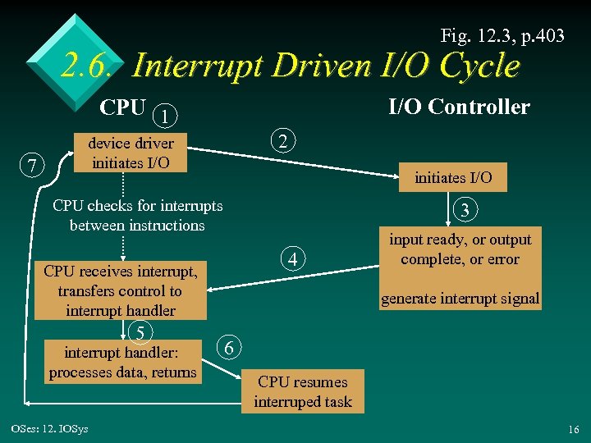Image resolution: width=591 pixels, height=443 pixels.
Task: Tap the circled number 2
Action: (283, 142)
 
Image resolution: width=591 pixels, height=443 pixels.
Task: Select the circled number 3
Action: (465, 210)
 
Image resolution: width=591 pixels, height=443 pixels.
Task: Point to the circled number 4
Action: (294, 261)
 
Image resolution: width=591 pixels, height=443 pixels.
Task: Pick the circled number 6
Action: (230, 349)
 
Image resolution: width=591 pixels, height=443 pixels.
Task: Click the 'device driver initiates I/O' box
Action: (131, 152)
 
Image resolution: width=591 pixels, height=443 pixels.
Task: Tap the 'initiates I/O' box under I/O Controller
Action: (453, 177)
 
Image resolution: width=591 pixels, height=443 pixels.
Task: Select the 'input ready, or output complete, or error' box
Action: (460, 249)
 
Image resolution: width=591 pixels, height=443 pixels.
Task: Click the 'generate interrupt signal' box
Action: (460, 299)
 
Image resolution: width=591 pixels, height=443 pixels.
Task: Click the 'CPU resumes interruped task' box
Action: (303, 392)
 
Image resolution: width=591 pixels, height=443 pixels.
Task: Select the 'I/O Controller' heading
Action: (459, 107)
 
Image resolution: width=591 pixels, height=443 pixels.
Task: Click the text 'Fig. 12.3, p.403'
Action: (502, 35)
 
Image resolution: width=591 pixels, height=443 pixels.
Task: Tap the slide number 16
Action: (572, 430)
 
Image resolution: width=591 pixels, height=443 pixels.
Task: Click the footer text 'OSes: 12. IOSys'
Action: (50, 429)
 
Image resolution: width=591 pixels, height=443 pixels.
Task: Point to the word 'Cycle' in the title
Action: (479, 66)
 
